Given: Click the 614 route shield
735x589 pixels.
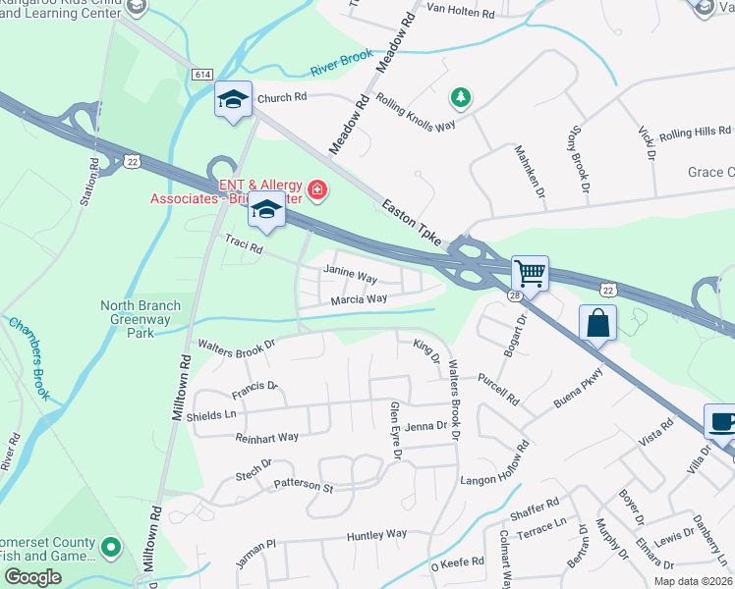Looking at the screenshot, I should coord(202,75).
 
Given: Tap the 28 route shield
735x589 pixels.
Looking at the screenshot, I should coord(514,294).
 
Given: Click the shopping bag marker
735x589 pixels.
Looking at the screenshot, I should coord(597,323).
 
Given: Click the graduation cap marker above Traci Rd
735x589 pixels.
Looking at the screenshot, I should coord(265,209).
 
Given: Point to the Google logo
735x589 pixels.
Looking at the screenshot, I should coord(32,577).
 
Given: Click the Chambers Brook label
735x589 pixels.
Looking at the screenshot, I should coord(29,357).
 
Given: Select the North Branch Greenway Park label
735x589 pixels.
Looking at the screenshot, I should coord(141,319).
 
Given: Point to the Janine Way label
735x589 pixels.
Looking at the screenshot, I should coord(351,277).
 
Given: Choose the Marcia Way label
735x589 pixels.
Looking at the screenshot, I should coord(359,298).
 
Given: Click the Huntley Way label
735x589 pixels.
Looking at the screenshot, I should coord(376,535).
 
